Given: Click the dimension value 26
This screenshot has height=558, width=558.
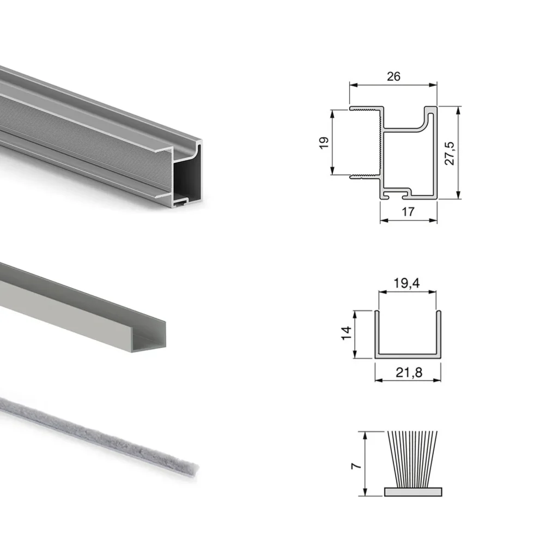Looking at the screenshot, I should [x=393, y=76].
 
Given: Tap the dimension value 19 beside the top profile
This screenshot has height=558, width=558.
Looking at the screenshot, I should [x=324, y=143].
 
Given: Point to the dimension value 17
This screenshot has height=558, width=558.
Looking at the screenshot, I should [x=408, y=212].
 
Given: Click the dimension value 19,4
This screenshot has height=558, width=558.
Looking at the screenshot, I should [x=407, y=283].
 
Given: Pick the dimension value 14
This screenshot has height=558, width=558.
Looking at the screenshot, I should [x=345, y=334].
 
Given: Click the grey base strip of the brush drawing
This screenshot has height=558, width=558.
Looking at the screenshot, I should [x=413, y=492].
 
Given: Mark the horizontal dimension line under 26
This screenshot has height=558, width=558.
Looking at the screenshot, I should [x=393, y=85].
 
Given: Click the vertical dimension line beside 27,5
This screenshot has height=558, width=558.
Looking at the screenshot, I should [x=459, y=153].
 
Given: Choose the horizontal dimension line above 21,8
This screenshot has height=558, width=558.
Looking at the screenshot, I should [x=408, y=380].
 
